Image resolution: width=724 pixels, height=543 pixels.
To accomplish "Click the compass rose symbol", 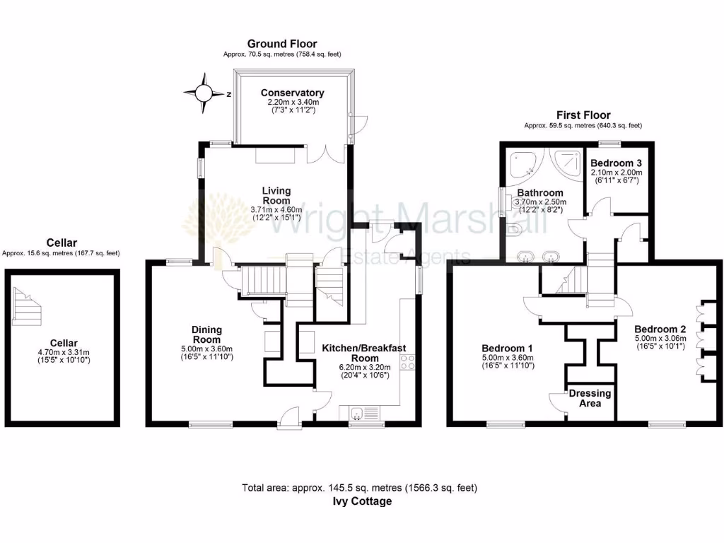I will [x=203, y=93].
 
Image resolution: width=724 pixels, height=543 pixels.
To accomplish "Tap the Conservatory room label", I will [x=292, y=93].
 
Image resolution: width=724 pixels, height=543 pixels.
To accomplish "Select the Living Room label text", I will [x=276, y=195].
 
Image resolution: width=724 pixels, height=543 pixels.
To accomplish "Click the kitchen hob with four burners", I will [x=408, y=363].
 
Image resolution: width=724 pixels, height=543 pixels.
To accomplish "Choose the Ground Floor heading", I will [x=282, y=44].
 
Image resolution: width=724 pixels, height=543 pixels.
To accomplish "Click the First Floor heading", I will [x=583, y=115].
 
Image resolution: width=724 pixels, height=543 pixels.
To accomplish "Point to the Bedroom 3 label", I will [x=616, y=163].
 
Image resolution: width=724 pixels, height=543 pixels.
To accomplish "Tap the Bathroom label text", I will [x=539, y=192].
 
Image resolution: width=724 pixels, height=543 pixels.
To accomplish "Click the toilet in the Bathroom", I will [x=513, y=230].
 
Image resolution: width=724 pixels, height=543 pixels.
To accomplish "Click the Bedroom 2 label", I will [x=660, y=329].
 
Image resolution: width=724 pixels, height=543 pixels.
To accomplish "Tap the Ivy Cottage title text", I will [x=362, y=501].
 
